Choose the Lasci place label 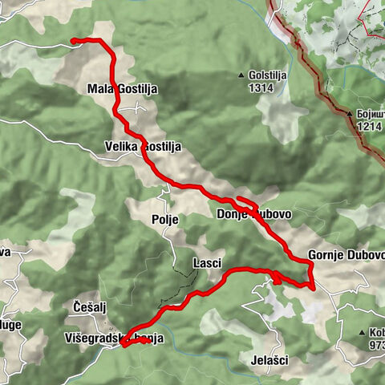click(207, 263)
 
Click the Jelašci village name click(269, 360)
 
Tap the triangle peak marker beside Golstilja click(241, 77)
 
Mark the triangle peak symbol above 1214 click(350, 114)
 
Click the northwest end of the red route click(74, 40)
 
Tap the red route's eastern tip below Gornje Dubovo click(311, 286)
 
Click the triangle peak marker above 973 click(363, 331)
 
